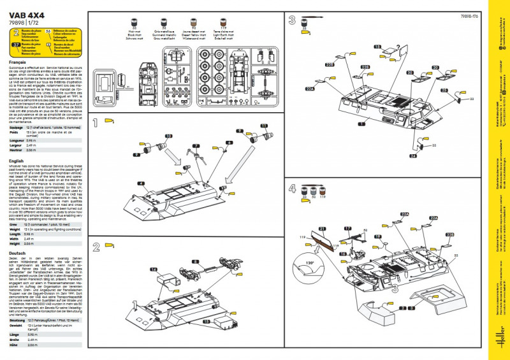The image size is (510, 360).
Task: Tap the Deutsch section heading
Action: [18, 253]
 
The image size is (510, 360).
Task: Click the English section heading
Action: [18, 161]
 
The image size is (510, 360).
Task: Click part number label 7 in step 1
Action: [196, 146]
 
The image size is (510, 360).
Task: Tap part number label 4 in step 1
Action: [140, 184]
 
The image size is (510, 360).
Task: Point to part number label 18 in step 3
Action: [377, 46]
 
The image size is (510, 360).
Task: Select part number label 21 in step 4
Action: [322, 228]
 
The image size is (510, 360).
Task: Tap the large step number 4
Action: [292, 189]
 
